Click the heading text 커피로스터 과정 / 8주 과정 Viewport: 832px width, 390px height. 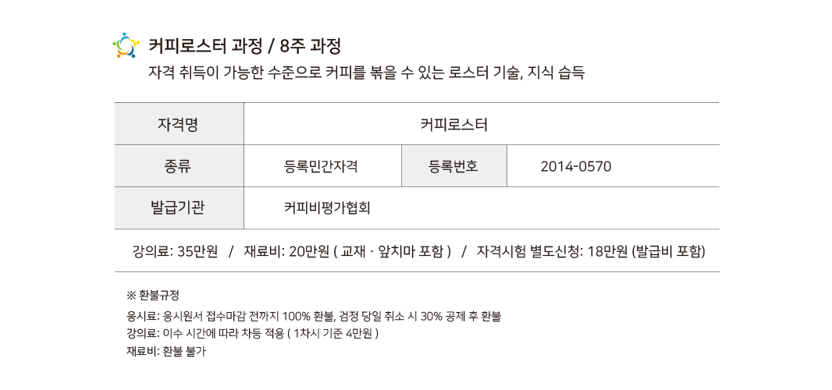(x=244, y=45)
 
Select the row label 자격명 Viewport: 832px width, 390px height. (x=179, y=124)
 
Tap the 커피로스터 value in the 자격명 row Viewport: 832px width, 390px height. (x=453, y=124)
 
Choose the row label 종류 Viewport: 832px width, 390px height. (x=179, y=166)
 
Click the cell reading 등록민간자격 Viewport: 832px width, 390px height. (x=322, y=166)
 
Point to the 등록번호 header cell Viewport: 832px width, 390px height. (x=453, y=166)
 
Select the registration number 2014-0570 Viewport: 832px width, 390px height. (x=576, y=166)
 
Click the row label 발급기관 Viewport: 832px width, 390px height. (x=179, y=208)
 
